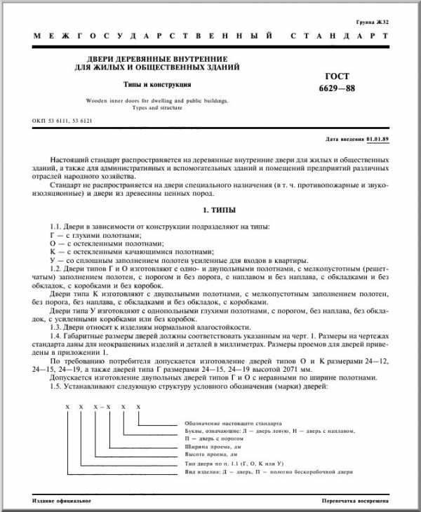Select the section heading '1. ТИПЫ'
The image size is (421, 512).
point(210,210)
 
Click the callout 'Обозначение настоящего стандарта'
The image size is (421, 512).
point(232,423)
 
